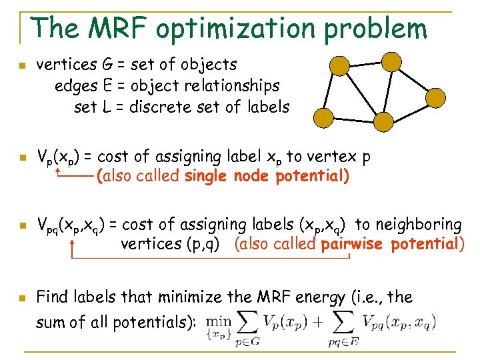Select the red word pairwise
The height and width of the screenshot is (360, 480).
[x=353, y=244]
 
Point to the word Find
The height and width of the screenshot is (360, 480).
[x=51, y=297]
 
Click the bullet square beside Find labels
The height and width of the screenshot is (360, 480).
[x=22, y=297]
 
